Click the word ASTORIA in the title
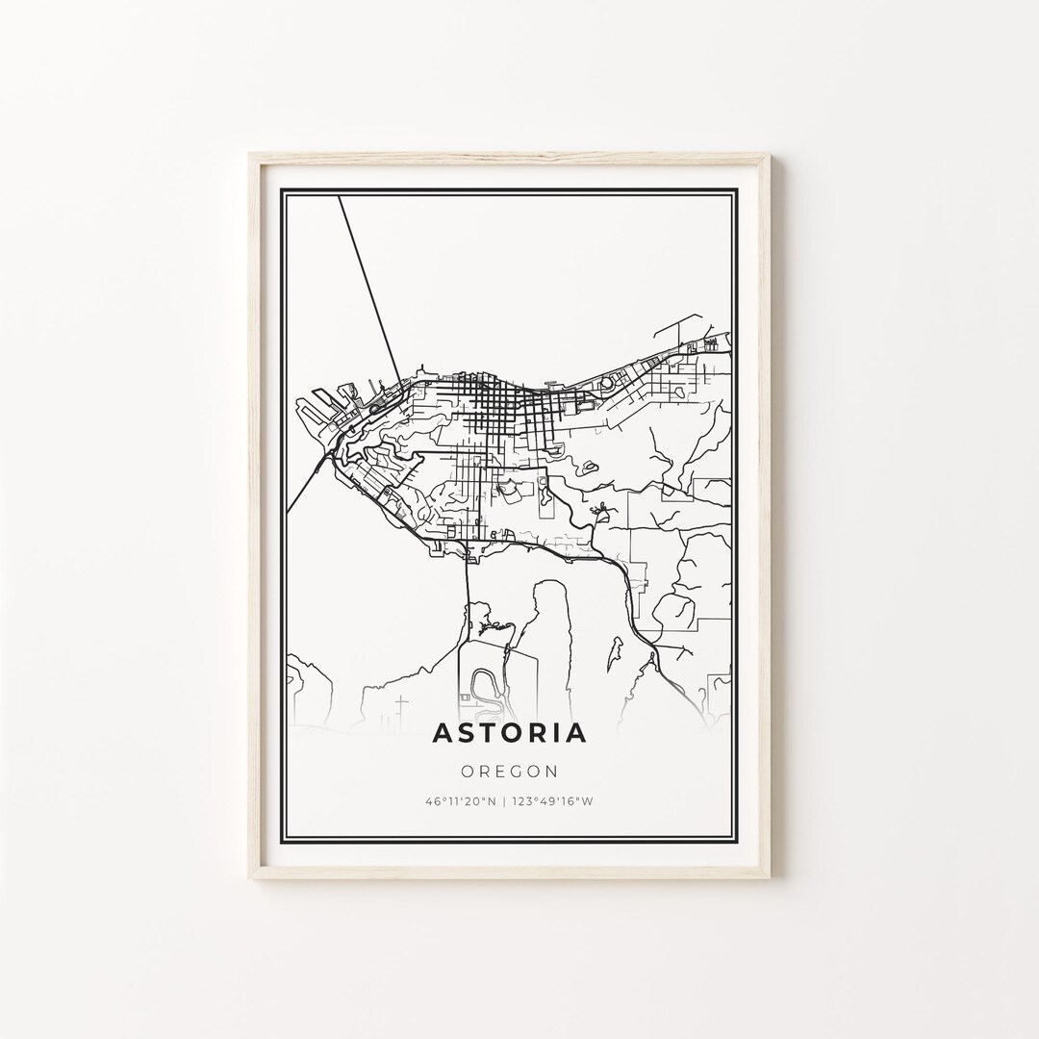click(509, 733)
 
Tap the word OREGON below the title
click(509, 771)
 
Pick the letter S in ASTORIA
click(464, 733)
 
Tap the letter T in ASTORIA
click(486, 733)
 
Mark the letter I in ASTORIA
click(557, 733)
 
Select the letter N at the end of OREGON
click(552, 771)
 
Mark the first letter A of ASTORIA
click(443, 733)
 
